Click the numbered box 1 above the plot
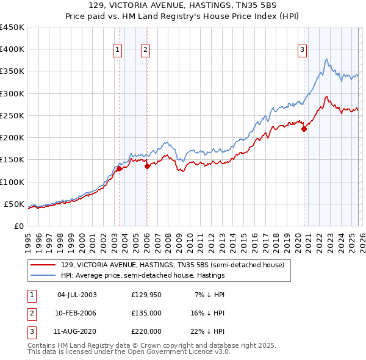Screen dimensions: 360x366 pyautogui.click(x=117, y=51)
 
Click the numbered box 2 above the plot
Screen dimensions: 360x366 pyautogui.click(x=145, y=51)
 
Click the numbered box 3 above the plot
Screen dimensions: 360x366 pyautogui.click(x=302, y=51)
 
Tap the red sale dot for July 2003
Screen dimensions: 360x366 pyautogui.click(x=120, y=169)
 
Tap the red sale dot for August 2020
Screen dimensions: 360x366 pyautogui.click(x=304, y=129)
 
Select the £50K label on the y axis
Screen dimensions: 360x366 pyautogui.click(x=14, y=204)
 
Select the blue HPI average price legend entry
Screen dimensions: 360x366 pyautogui.click(x=143, y=276)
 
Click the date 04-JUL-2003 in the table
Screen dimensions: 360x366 pyautogui.click(x=76, y=295)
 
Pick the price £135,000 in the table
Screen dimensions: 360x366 pyautogui.click(x=146, y=313)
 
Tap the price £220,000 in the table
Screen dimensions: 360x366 pyautogui.click(x=146, y=331)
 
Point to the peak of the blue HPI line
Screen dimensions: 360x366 pyautogui.click(x=327, y=59)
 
